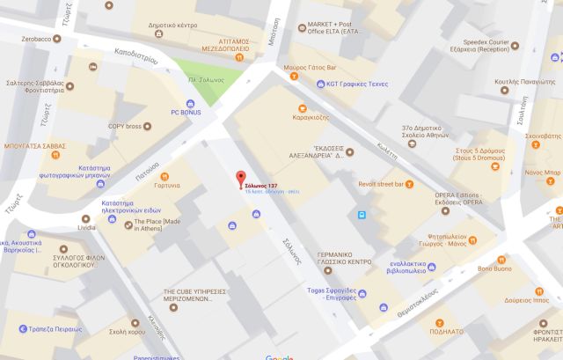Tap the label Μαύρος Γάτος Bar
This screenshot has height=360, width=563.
click(x=311, y=67)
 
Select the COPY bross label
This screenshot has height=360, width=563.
click(x=125, y=127)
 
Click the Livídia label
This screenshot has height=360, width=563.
click(x=86, y=227)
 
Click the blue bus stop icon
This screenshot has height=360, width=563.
click(x=361, y=214)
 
